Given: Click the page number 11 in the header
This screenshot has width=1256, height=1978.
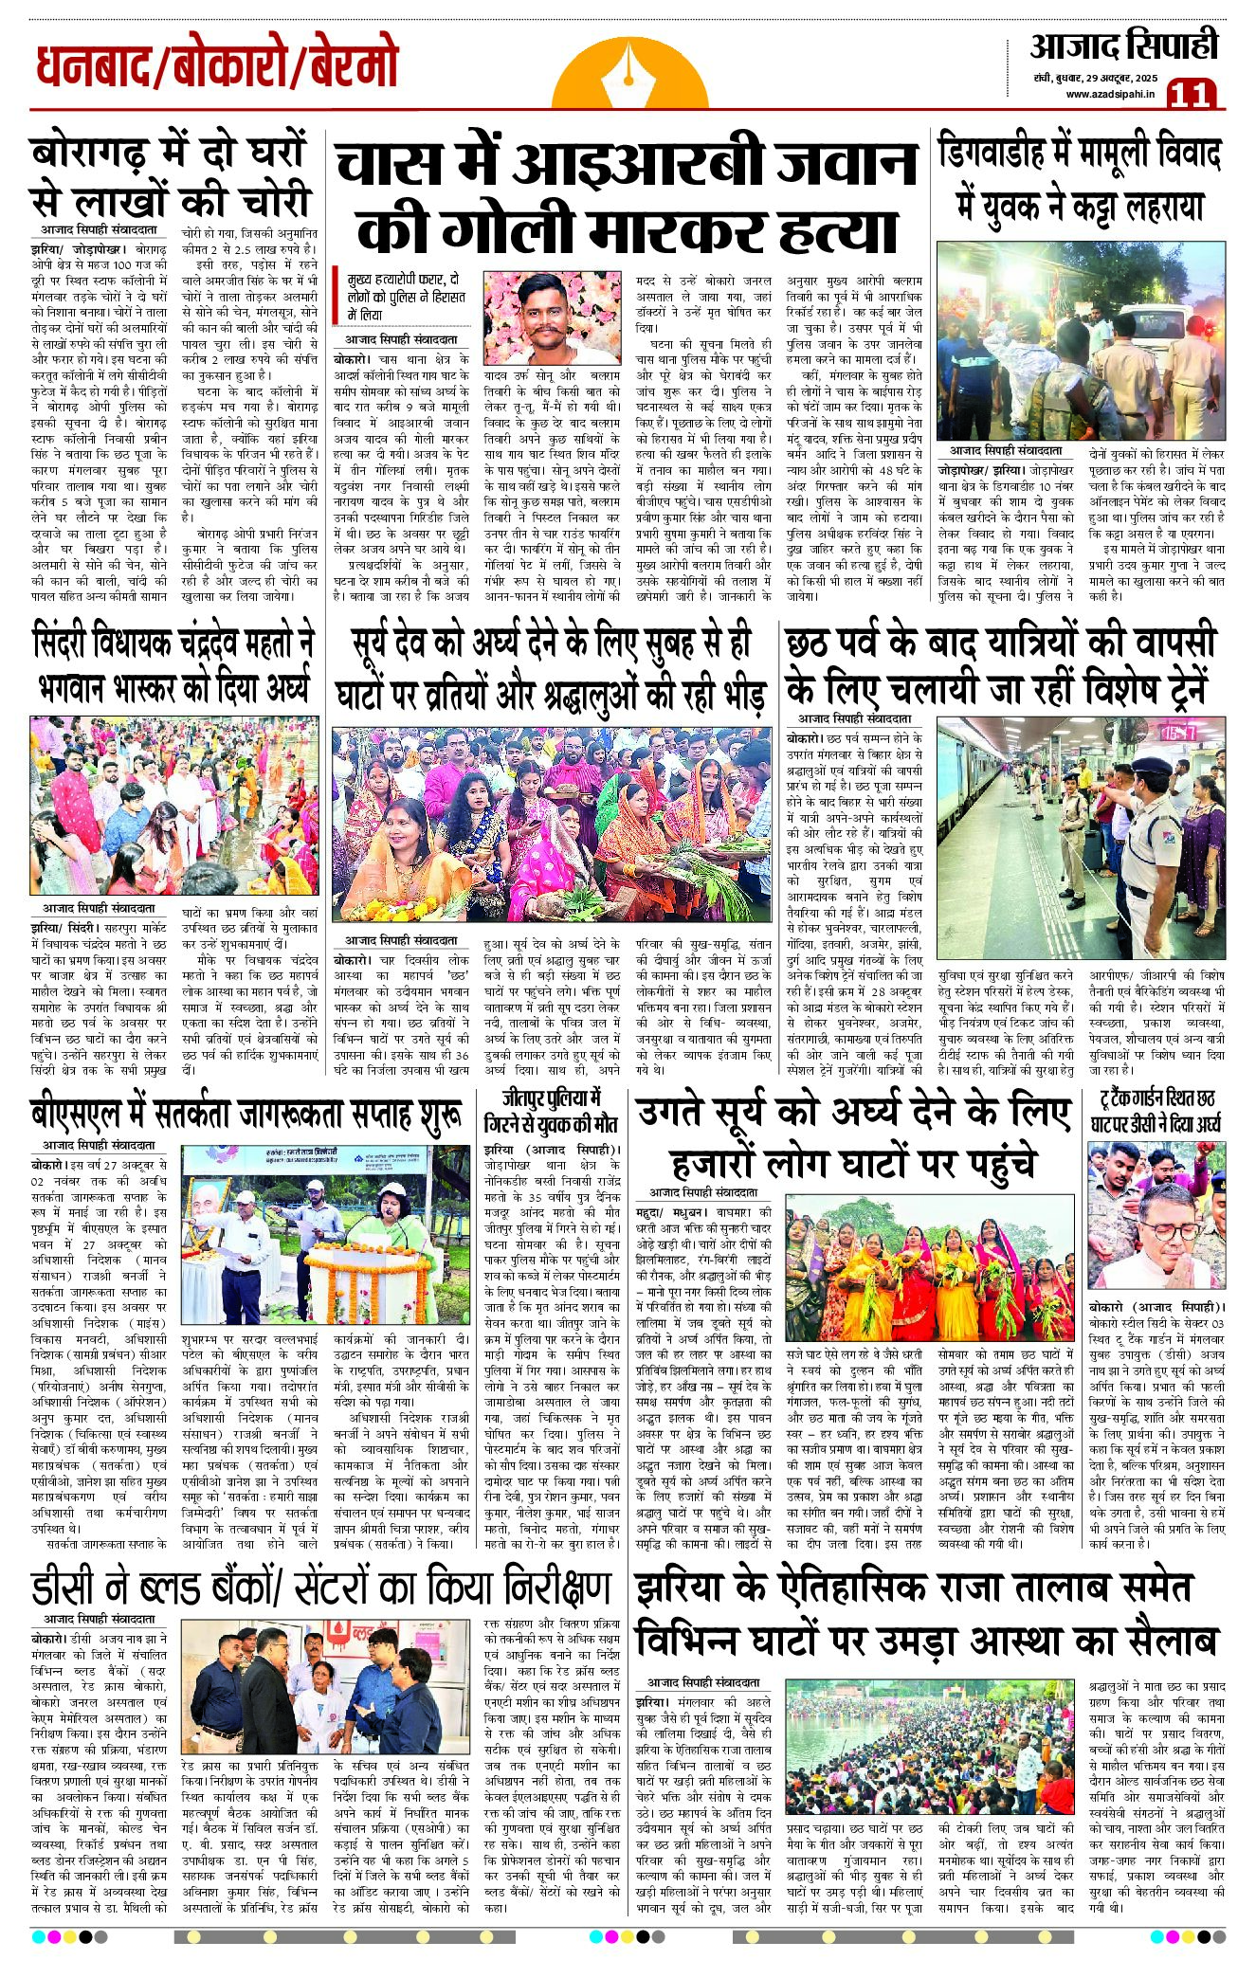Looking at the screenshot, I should click(x=1192, y=94).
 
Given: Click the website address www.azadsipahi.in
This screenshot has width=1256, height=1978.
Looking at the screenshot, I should click(x=1110, y=93).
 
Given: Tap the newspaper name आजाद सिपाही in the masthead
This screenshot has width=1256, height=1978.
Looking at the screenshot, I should click(x=1124, y=45).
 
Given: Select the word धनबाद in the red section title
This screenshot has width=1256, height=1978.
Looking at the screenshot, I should click(x=91, y=68).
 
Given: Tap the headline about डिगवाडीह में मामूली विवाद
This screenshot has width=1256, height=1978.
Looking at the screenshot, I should click(x=1080, y=154).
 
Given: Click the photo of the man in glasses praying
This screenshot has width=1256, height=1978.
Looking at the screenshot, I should click(x=1156, y=1215).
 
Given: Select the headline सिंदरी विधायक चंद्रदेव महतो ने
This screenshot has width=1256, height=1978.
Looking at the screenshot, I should click(x=173, y=643).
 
